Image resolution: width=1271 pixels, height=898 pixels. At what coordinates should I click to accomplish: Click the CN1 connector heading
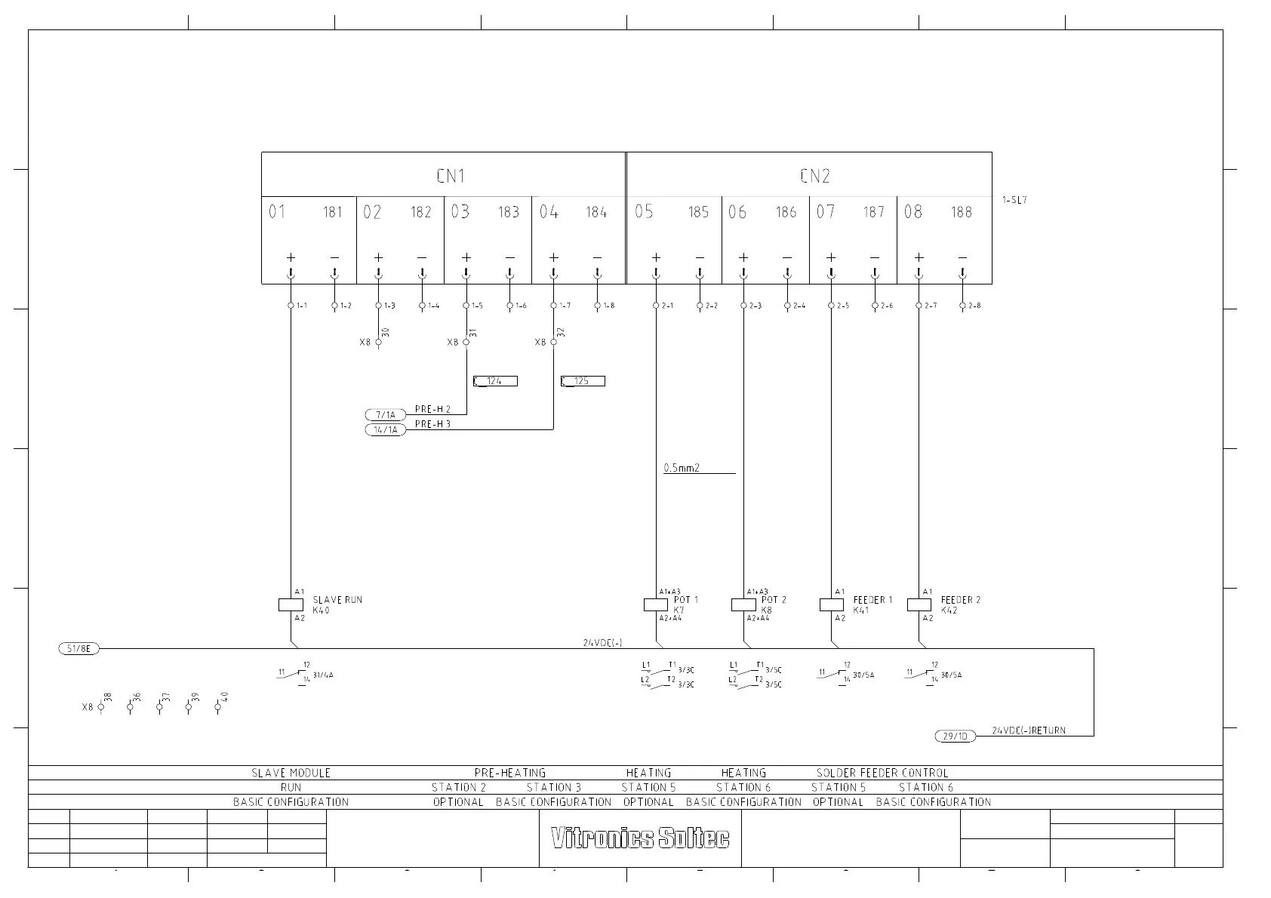tap(451, 176)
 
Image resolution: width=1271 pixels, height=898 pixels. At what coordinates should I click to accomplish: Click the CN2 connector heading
tap(814, 176)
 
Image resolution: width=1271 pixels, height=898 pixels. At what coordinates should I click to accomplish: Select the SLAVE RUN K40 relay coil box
tap(291, 604)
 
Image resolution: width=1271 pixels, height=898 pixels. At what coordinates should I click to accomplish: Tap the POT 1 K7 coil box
tap(656, 604)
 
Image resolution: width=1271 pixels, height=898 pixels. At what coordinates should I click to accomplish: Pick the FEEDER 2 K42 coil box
tap(919, 604)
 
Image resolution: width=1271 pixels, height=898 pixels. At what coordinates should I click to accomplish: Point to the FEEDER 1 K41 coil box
tap(831, 604)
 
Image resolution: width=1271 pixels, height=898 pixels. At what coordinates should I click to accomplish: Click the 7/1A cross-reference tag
tap(385, 415)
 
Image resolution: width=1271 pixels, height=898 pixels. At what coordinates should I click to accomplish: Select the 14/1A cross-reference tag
tap(385, 430)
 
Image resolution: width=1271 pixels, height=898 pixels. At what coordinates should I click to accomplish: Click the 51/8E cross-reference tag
tap(78, 648)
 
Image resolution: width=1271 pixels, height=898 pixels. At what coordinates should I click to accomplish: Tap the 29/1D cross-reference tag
tap(955, 736)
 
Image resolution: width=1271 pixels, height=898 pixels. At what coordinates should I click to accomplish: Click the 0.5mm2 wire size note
tap(682, 468)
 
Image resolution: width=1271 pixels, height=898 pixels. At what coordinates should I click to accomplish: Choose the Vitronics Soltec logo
tap(640, 838)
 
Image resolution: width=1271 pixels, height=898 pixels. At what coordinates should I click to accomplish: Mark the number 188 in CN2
tap(961, 212)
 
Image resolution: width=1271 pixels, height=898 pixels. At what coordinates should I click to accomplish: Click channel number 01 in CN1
tap(277, 212)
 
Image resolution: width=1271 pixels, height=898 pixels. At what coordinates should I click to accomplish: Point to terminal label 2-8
tap(974, 306)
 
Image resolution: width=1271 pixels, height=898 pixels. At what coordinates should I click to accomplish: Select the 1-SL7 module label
tap(1014, 201)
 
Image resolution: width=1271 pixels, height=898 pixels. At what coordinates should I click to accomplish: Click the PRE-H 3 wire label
tap(432, 424)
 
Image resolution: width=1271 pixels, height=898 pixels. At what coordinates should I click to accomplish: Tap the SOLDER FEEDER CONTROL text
tap(882, 773)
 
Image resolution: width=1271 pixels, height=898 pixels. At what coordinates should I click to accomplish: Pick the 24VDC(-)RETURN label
tap(1029, 730)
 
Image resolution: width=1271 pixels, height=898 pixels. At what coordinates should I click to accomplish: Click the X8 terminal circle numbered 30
tap(378, 343)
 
